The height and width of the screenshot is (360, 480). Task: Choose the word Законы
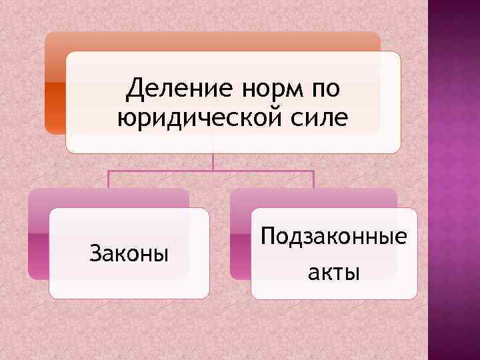pos(129,253)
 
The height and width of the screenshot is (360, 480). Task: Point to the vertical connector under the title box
pos(212,161)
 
